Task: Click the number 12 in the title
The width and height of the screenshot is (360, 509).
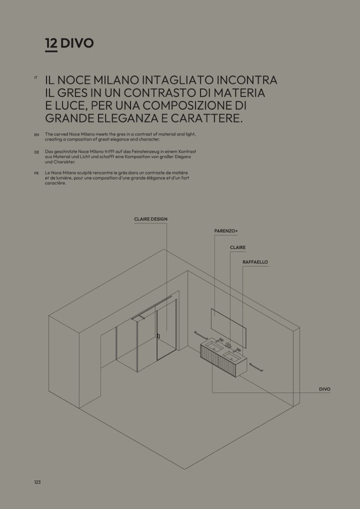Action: [52, 43]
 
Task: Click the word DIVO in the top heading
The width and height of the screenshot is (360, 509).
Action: [77, 43]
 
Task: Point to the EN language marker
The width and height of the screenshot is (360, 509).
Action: [36, 135]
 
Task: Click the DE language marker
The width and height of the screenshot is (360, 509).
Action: [36, 152]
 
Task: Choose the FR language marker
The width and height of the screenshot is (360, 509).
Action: [36, 174]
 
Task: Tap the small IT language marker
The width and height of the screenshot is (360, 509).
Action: [36, 77]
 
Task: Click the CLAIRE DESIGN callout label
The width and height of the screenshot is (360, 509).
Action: [151, 219]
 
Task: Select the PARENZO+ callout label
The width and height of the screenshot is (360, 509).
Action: [226, 231]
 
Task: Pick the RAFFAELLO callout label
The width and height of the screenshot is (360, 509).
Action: [255, 262]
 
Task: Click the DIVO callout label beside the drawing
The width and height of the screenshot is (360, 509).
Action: [324, 389]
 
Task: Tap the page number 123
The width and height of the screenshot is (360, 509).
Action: [37, 482]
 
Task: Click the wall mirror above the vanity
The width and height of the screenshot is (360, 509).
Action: [228, 328]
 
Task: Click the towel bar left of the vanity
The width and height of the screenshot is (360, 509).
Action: [201, 335]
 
